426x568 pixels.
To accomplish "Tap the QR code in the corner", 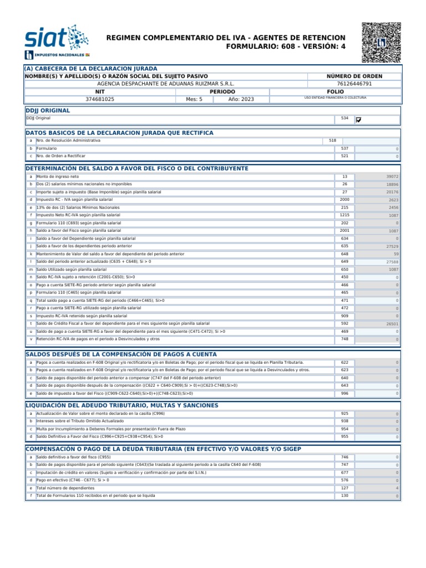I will click(381, 43).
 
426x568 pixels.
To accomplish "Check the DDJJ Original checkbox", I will click(358, 119).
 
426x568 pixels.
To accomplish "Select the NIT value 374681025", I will click(100, 99).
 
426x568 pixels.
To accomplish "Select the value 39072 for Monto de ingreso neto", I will click(392, 176).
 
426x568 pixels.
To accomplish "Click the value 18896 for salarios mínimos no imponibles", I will click(392, 184).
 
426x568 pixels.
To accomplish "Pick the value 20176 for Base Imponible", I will click(392, 192).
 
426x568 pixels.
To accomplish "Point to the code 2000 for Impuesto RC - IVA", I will click(344, 199).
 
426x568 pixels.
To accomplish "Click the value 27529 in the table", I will click(392, 246).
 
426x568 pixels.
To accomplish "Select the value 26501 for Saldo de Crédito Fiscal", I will click(392, 324).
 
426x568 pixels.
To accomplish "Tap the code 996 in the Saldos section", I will click(344, 393).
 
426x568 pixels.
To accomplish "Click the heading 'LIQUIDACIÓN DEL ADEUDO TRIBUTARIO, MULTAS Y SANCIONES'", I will click(122, 405).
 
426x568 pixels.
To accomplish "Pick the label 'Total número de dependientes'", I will click(65, 488).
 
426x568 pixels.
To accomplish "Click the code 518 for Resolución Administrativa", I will click(332, 141).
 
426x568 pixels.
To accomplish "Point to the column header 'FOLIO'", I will click(335, 92).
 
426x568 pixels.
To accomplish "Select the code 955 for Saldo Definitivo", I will click(344, 437).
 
